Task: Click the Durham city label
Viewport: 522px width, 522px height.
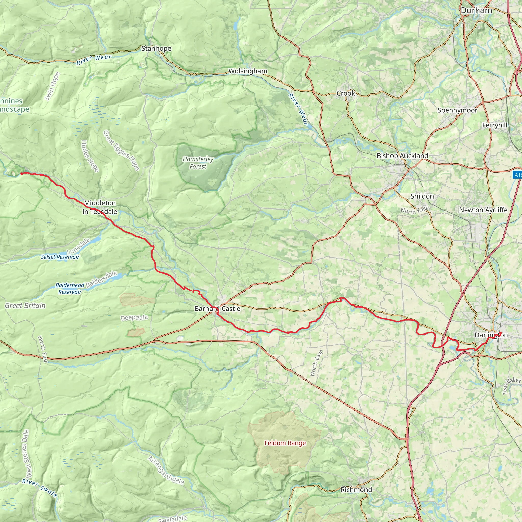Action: (476, 10)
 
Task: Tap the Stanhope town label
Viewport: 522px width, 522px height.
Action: (156, 48)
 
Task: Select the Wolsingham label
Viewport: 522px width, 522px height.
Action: (248, 71)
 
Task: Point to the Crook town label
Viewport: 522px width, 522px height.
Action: (346, 93)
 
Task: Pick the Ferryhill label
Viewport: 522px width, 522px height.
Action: (495, 125)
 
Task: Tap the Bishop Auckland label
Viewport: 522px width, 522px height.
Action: (402, 156)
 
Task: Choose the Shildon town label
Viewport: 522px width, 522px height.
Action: (422, 196)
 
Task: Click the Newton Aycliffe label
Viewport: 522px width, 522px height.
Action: (483, 210)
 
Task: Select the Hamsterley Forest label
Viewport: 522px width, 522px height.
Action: (198, 163)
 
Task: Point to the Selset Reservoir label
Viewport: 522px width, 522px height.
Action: (60, 257)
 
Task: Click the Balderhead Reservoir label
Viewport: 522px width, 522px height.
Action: (70, 288)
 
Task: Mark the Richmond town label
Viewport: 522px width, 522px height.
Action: (356, 490)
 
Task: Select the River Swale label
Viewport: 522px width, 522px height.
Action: (40, 488)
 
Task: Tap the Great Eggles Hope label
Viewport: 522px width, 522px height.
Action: (121, 150)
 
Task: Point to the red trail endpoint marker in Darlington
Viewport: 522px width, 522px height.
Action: (500, 333)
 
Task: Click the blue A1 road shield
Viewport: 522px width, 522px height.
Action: (517, 175)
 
